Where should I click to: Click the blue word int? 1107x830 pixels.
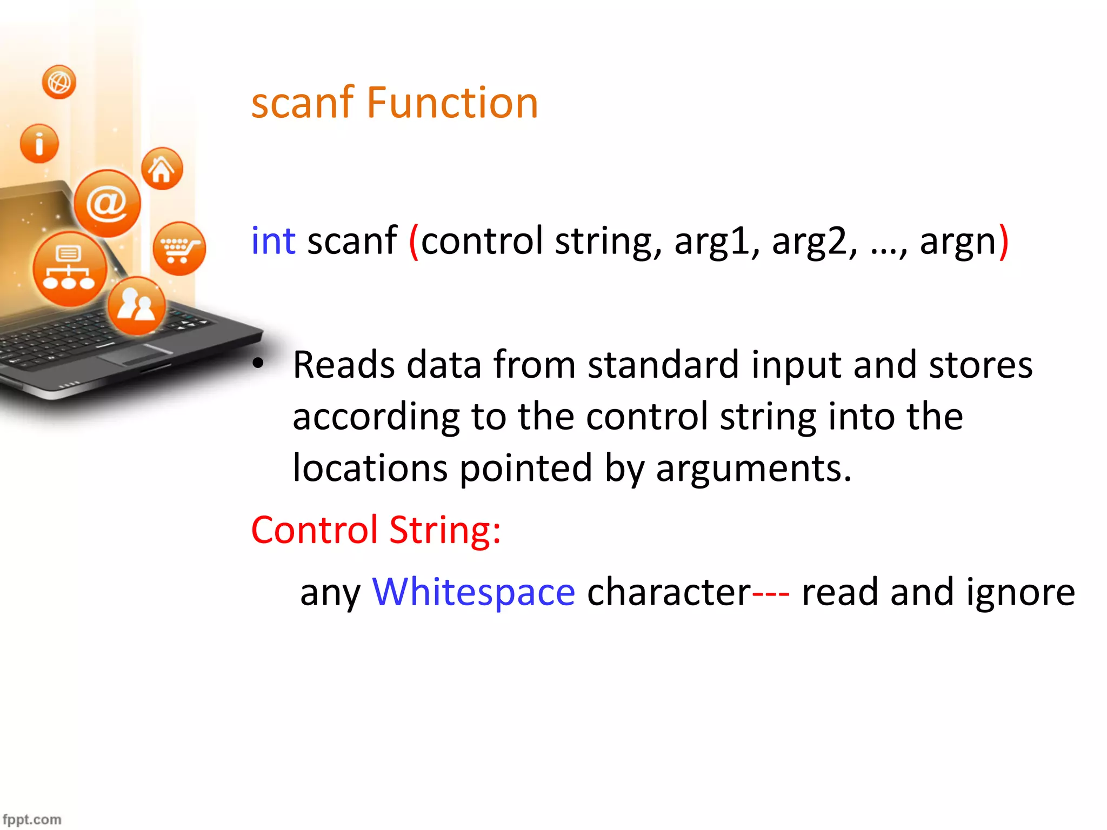(273, 240)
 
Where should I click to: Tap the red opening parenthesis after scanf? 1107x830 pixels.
(414, 242)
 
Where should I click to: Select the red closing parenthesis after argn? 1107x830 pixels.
(1003, 242)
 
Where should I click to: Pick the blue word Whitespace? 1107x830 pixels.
(474, 592)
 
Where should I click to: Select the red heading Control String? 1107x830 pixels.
(376, 530)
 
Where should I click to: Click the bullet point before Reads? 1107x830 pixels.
(258, 364)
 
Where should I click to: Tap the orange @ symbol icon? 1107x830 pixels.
(107, 203)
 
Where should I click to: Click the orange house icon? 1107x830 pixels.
(162, 169)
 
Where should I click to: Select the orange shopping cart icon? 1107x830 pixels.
(179, 249)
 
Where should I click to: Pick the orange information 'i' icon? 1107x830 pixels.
(39, 144)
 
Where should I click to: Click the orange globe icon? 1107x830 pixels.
(59, 82)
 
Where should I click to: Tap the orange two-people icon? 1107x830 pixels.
(136, 306)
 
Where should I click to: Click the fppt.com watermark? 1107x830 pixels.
(32, 820)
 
